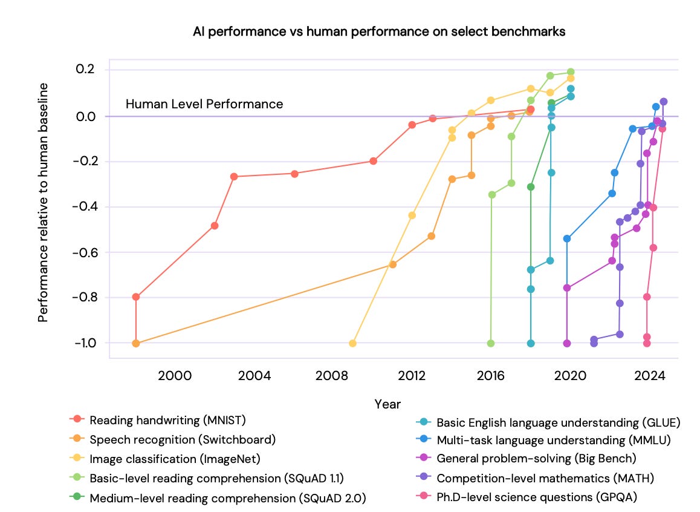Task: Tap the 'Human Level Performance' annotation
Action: tap(204, 104)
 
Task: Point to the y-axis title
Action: tap(43, 203)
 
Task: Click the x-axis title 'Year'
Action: tap(387, 404)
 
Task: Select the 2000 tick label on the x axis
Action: tap(175, 376)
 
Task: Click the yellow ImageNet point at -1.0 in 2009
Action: tap(352, 343)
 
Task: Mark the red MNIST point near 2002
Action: tap(215, 226)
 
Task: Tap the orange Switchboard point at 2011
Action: tap(393, 264)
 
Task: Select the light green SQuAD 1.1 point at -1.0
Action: tap(491, 343)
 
